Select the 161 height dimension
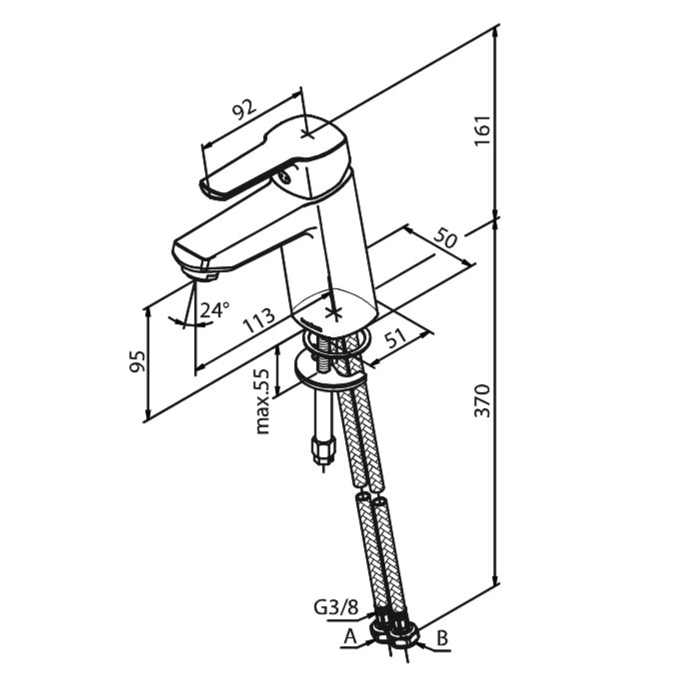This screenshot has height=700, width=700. pos(483,130)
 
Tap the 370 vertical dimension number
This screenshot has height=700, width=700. pos(483,401)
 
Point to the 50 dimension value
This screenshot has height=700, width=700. pos(445,237)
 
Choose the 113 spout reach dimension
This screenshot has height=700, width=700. pos(259,320)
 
